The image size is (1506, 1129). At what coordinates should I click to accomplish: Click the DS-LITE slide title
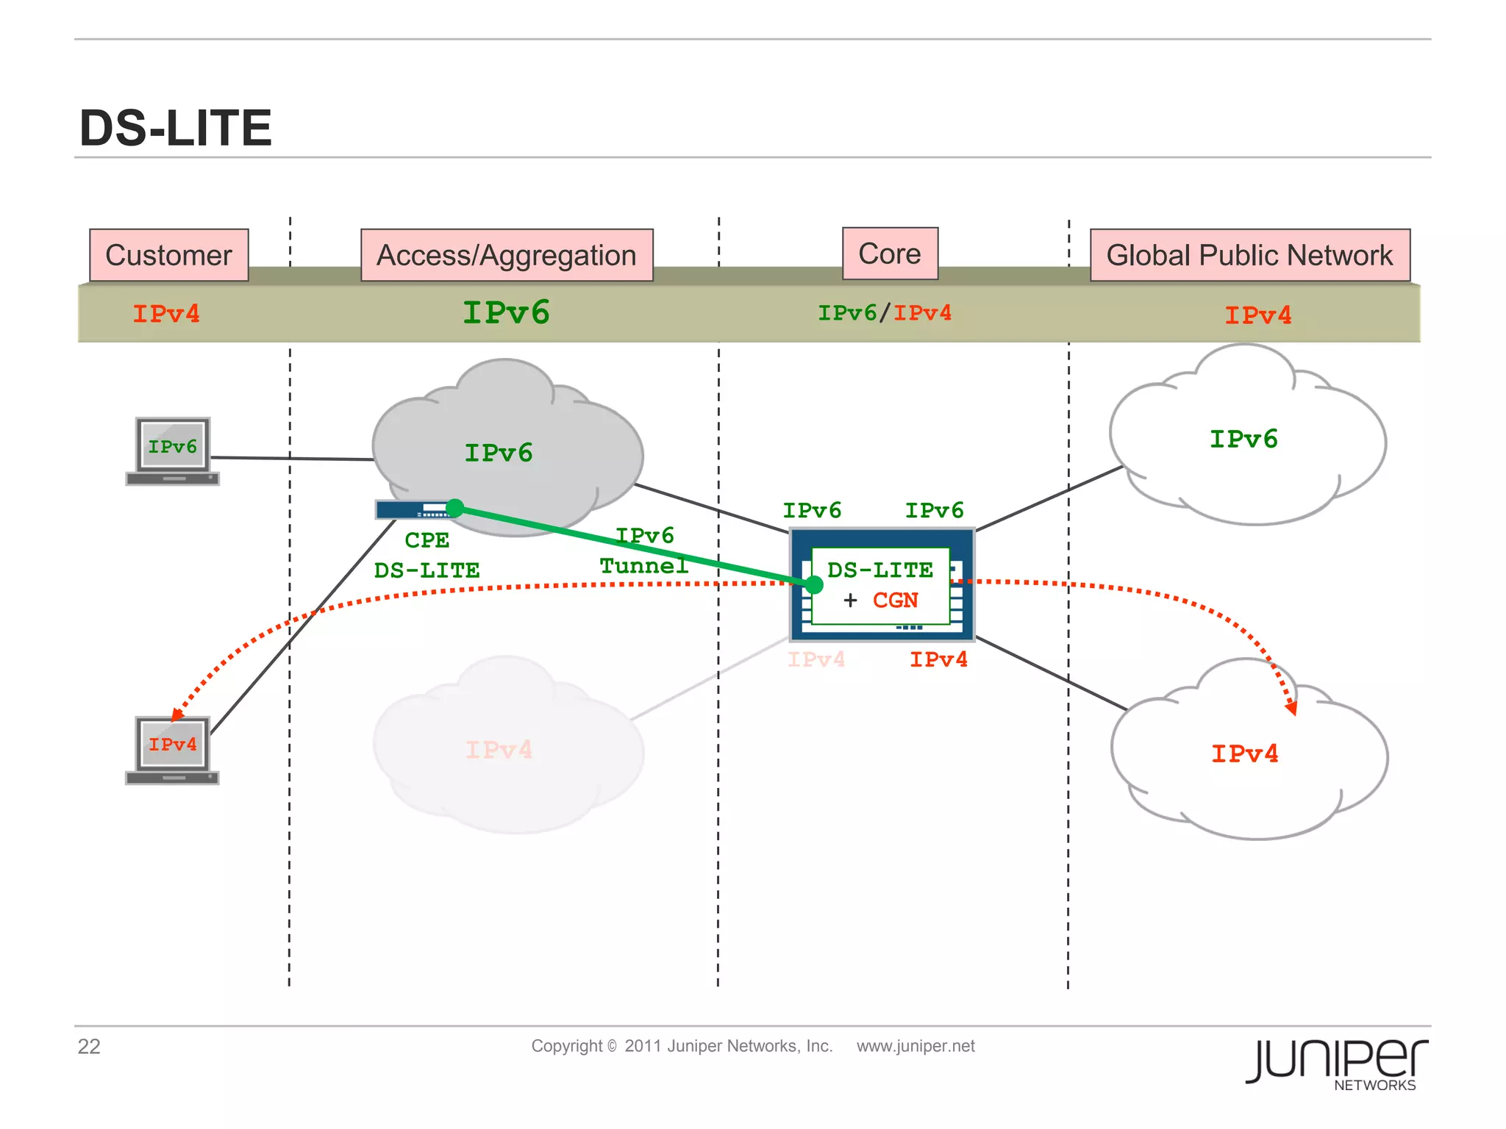pos(175,128)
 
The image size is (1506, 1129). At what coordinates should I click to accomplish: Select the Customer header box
pos(168,255)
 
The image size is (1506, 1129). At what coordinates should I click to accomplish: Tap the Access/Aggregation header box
pos(507,255)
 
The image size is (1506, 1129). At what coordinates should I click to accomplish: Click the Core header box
pos(890,254)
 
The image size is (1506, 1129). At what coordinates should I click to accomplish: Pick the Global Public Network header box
pos(1249,255)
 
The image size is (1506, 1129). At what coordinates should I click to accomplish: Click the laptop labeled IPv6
pos(172,451)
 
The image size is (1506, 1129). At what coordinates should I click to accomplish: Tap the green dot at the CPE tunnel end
pos(455,508)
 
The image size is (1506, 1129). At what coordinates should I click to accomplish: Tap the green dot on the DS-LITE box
pos(813,585)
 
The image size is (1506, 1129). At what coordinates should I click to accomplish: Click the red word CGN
pos(895,601)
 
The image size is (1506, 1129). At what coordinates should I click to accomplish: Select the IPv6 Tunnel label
pos(644,551)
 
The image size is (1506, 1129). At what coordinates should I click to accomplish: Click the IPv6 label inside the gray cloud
pos(498,453)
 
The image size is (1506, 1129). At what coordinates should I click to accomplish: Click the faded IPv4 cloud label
pos(499,750)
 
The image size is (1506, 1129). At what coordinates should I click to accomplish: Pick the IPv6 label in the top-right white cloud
pos(1243,439)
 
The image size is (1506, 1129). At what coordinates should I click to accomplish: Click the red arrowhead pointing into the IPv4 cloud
pos(1291,707)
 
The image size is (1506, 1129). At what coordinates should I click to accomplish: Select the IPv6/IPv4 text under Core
pos(885,313)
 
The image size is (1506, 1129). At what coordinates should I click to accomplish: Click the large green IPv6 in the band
pos(506,312)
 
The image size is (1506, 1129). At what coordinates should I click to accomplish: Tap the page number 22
pos(89,1046)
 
